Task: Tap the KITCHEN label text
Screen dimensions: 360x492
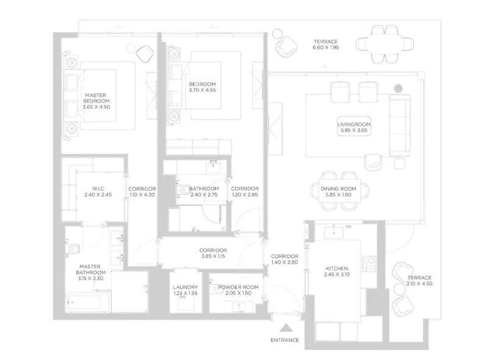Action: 337,268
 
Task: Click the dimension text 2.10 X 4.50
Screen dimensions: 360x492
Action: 419,284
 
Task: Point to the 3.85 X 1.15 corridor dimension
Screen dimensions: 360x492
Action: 213,257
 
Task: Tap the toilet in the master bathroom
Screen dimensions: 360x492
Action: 73,249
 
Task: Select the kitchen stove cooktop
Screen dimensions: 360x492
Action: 368,264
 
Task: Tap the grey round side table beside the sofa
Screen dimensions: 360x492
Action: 399,88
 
